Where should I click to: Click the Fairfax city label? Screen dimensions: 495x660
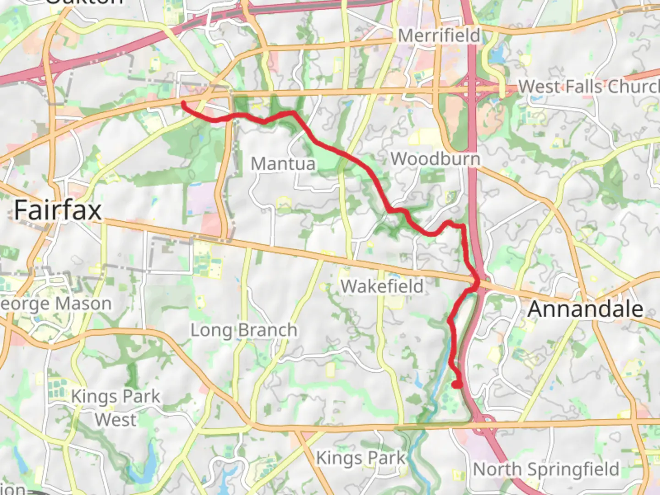pos(58,210)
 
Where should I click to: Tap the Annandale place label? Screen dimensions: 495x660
pos(585,309)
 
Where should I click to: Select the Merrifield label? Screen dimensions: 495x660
pos(439,35)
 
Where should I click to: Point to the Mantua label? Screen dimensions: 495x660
pos(283,164)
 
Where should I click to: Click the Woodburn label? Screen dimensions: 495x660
pos(435,159)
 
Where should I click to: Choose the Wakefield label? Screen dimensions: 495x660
pos(382,286)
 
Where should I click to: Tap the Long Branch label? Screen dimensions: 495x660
pos(244,330)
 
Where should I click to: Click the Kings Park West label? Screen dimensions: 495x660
pos(115,408)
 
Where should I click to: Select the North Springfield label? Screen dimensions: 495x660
pos(546,469)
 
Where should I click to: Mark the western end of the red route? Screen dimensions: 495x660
pos(183,103)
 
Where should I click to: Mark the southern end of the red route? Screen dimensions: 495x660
pos(457,385)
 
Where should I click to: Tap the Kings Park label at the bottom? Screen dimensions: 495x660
pos(361,457)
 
